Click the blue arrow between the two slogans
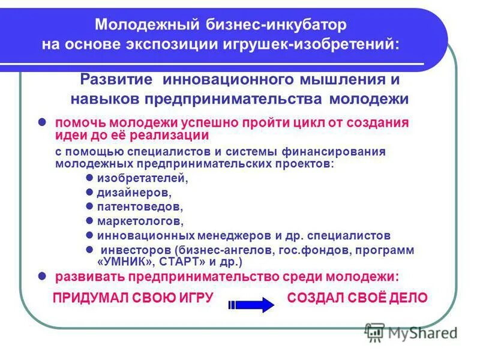click(251, 304)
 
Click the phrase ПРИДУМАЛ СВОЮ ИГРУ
click(133, 298)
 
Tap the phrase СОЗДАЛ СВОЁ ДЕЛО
click(357, 298)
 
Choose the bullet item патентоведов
click(140, 207)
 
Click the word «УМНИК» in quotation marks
click(124, 263)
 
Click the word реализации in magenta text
click(170, 135)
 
